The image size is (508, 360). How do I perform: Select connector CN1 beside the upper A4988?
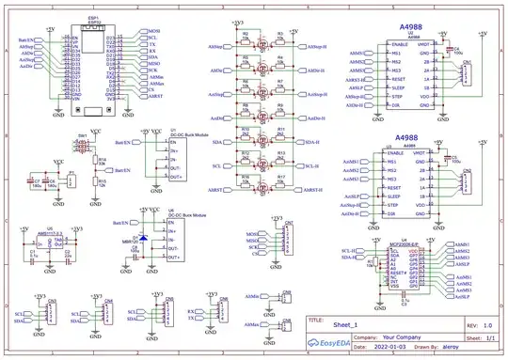[465, 74]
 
